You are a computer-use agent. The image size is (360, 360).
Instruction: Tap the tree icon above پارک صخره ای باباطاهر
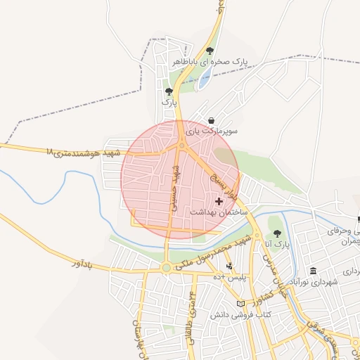click(x=210, y=51)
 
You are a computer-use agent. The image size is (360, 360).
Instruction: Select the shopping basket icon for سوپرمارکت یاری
click(x=212, y=120)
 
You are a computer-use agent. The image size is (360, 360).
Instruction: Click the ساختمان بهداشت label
click(x=218, y=212)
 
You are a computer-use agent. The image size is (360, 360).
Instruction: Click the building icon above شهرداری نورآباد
click(x=313, y=271)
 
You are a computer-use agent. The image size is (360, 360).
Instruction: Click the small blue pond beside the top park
click(x=204, y=79)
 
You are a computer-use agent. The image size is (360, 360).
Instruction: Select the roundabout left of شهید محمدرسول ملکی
click(x=166, y=268)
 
